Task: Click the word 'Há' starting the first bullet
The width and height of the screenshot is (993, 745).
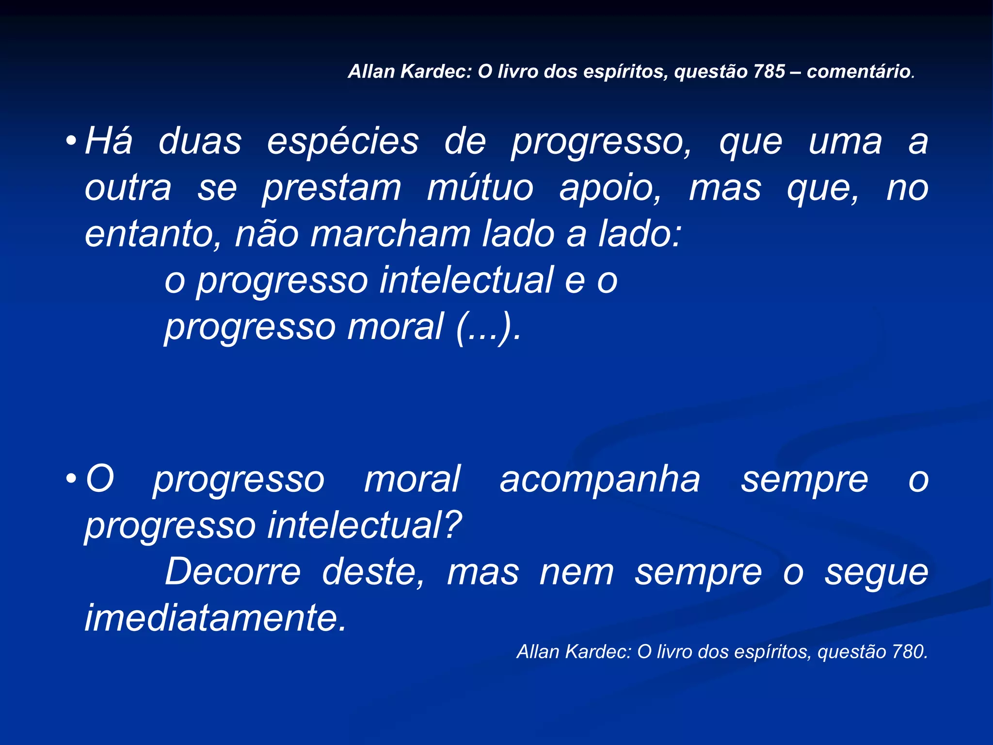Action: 109,141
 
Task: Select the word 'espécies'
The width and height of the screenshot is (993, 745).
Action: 343,142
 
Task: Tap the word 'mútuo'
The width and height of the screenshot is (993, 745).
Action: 480,188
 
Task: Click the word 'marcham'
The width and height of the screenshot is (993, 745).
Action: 390,235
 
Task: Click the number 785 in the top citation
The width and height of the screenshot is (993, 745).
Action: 769,72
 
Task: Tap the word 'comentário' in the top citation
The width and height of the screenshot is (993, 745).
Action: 858,72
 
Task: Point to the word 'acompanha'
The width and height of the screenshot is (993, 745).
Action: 600,480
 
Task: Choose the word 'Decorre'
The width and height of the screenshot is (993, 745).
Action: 233,572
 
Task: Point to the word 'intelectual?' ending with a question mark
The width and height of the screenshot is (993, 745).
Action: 365,526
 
